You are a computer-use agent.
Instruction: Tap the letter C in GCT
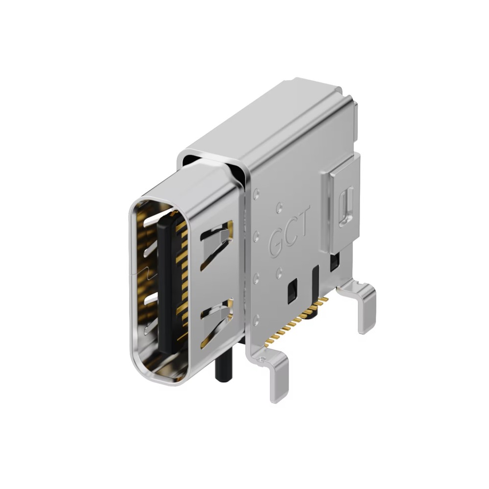point(289,233)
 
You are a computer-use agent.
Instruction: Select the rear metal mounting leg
point(365,308)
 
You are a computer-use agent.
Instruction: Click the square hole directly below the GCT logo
point(292,290)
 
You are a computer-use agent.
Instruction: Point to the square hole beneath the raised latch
point(334,263)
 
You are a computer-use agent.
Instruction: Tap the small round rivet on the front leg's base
point(263,359)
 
